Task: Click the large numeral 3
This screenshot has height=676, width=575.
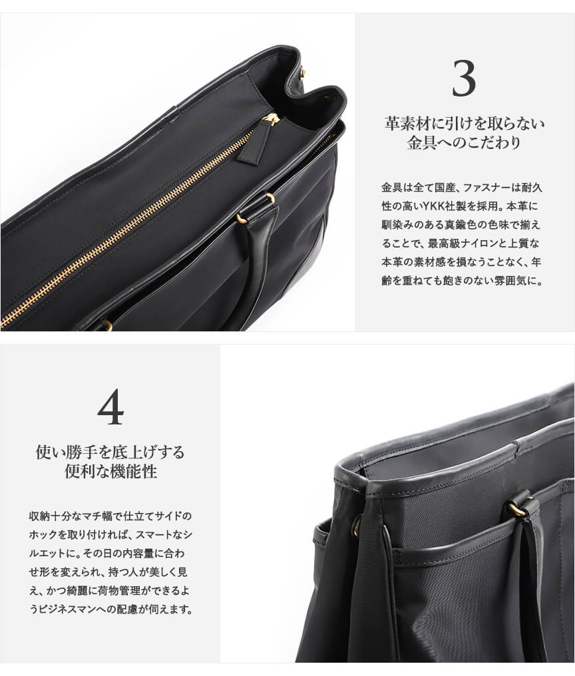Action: [464, 79]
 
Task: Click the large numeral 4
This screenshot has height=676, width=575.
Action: [110, 407]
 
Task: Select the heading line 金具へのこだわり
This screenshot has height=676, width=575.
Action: [464, 143]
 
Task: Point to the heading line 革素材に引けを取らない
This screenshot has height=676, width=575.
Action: [464, 124]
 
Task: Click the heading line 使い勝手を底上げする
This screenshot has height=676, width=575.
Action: [110, 452]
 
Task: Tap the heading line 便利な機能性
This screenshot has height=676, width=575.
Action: [110, 472]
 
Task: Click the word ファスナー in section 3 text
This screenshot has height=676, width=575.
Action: [487, 188]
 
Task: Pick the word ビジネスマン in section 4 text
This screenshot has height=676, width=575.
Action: [70, 609]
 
